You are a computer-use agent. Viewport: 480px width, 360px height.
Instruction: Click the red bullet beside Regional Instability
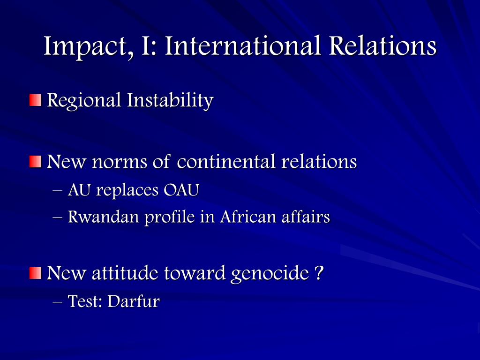point(35,100)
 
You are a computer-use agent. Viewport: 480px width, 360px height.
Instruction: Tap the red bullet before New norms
point(35,162)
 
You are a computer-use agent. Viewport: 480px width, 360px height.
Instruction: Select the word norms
point(120,162)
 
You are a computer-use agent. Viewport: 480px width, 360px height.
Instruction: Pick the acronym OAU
point(181,190)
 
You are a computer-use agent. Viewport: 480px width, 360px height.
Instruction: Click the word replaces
point(127,191)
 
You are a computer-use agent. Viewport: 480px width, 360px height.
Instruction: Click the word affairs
point(306,217)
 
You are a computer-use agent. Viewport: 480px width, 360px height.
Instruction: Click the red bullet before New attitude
point(35,273)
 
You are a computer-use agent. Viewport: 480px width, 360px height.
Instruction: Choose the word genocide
point(270,273)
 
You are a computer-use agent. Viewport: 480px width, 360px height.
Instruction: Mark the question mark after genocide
point(319,273)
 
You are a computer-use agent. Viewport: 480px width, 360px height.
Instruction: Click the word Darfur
point(134,301)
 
